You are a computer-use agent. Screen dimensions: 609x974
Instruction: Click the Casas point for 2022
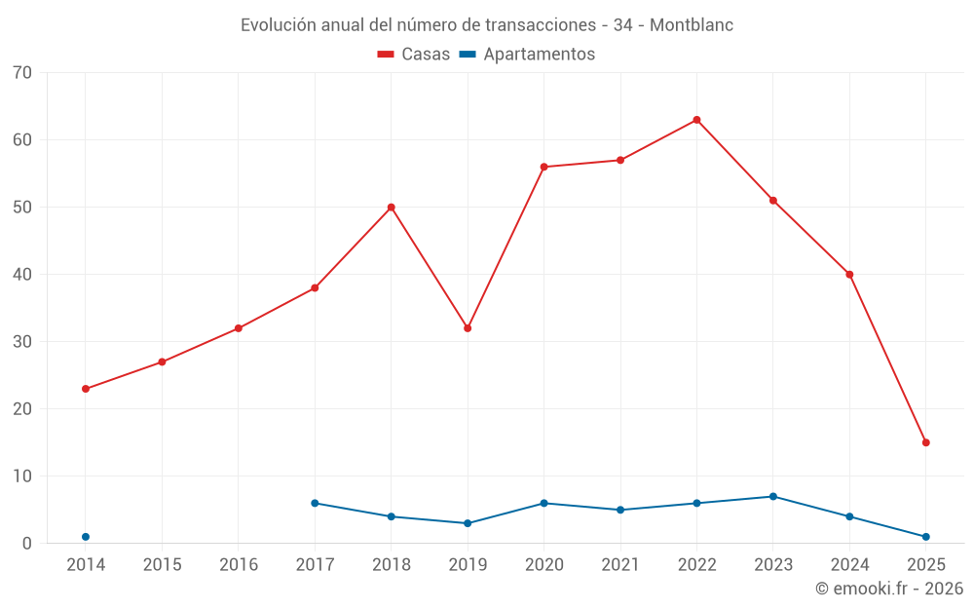click(696, 120)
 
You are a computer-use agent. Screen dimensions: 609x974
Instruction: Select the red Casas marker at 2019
click(468, 328)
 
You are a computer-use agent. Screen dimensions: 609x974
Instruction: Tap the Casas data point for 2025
click(925, 442)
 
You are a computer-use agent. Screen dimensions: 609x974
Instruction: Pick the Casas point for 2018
click(392, 208)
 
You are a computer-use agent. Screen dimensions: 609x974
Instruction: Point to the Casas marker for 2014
click(86, 389)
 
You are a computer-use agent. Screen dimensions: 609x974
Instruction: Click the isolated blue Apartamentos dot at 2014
click(86, 537)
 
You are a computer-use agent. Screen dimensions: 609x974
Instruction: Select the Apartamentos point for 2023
click(773, 497)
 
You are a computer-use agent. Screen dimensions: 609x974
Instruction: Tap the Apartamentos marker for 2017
click(315, 503)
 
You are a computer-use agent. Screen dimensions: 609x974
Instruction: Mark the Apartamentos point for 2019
click(468, 523)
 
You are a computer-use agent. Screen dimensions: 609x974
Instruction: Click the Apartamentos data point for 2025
click(925, 537)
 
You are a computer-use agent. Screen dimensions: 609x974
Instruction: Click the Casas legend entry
click(414, 55)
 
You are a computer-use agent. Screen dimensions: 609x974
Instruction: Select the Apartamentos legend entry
click(527, 55)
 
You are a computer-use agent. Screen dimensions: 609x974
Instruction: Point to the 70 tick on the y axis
click(22, 73)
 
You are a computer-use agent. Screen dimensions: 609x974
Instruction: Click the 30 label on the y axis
click(22, 342)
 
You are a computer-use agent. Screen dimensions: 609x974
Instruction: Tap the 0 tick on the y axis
click(27, 544)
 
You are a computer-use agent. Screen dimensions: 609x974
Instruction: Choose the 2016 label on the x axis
click(239, 565)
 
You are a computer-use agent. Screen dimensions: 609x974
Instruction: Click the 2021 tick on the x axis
click(620, 565)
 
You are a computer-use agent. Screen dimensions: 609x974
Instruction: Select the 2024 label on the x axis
click(849, 565)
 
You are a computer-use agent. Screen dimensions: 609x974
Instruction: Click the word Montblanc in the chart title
click(691, 25)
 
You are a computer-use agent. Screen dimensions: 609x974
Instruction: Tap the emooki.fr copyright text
click(889, 589)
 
